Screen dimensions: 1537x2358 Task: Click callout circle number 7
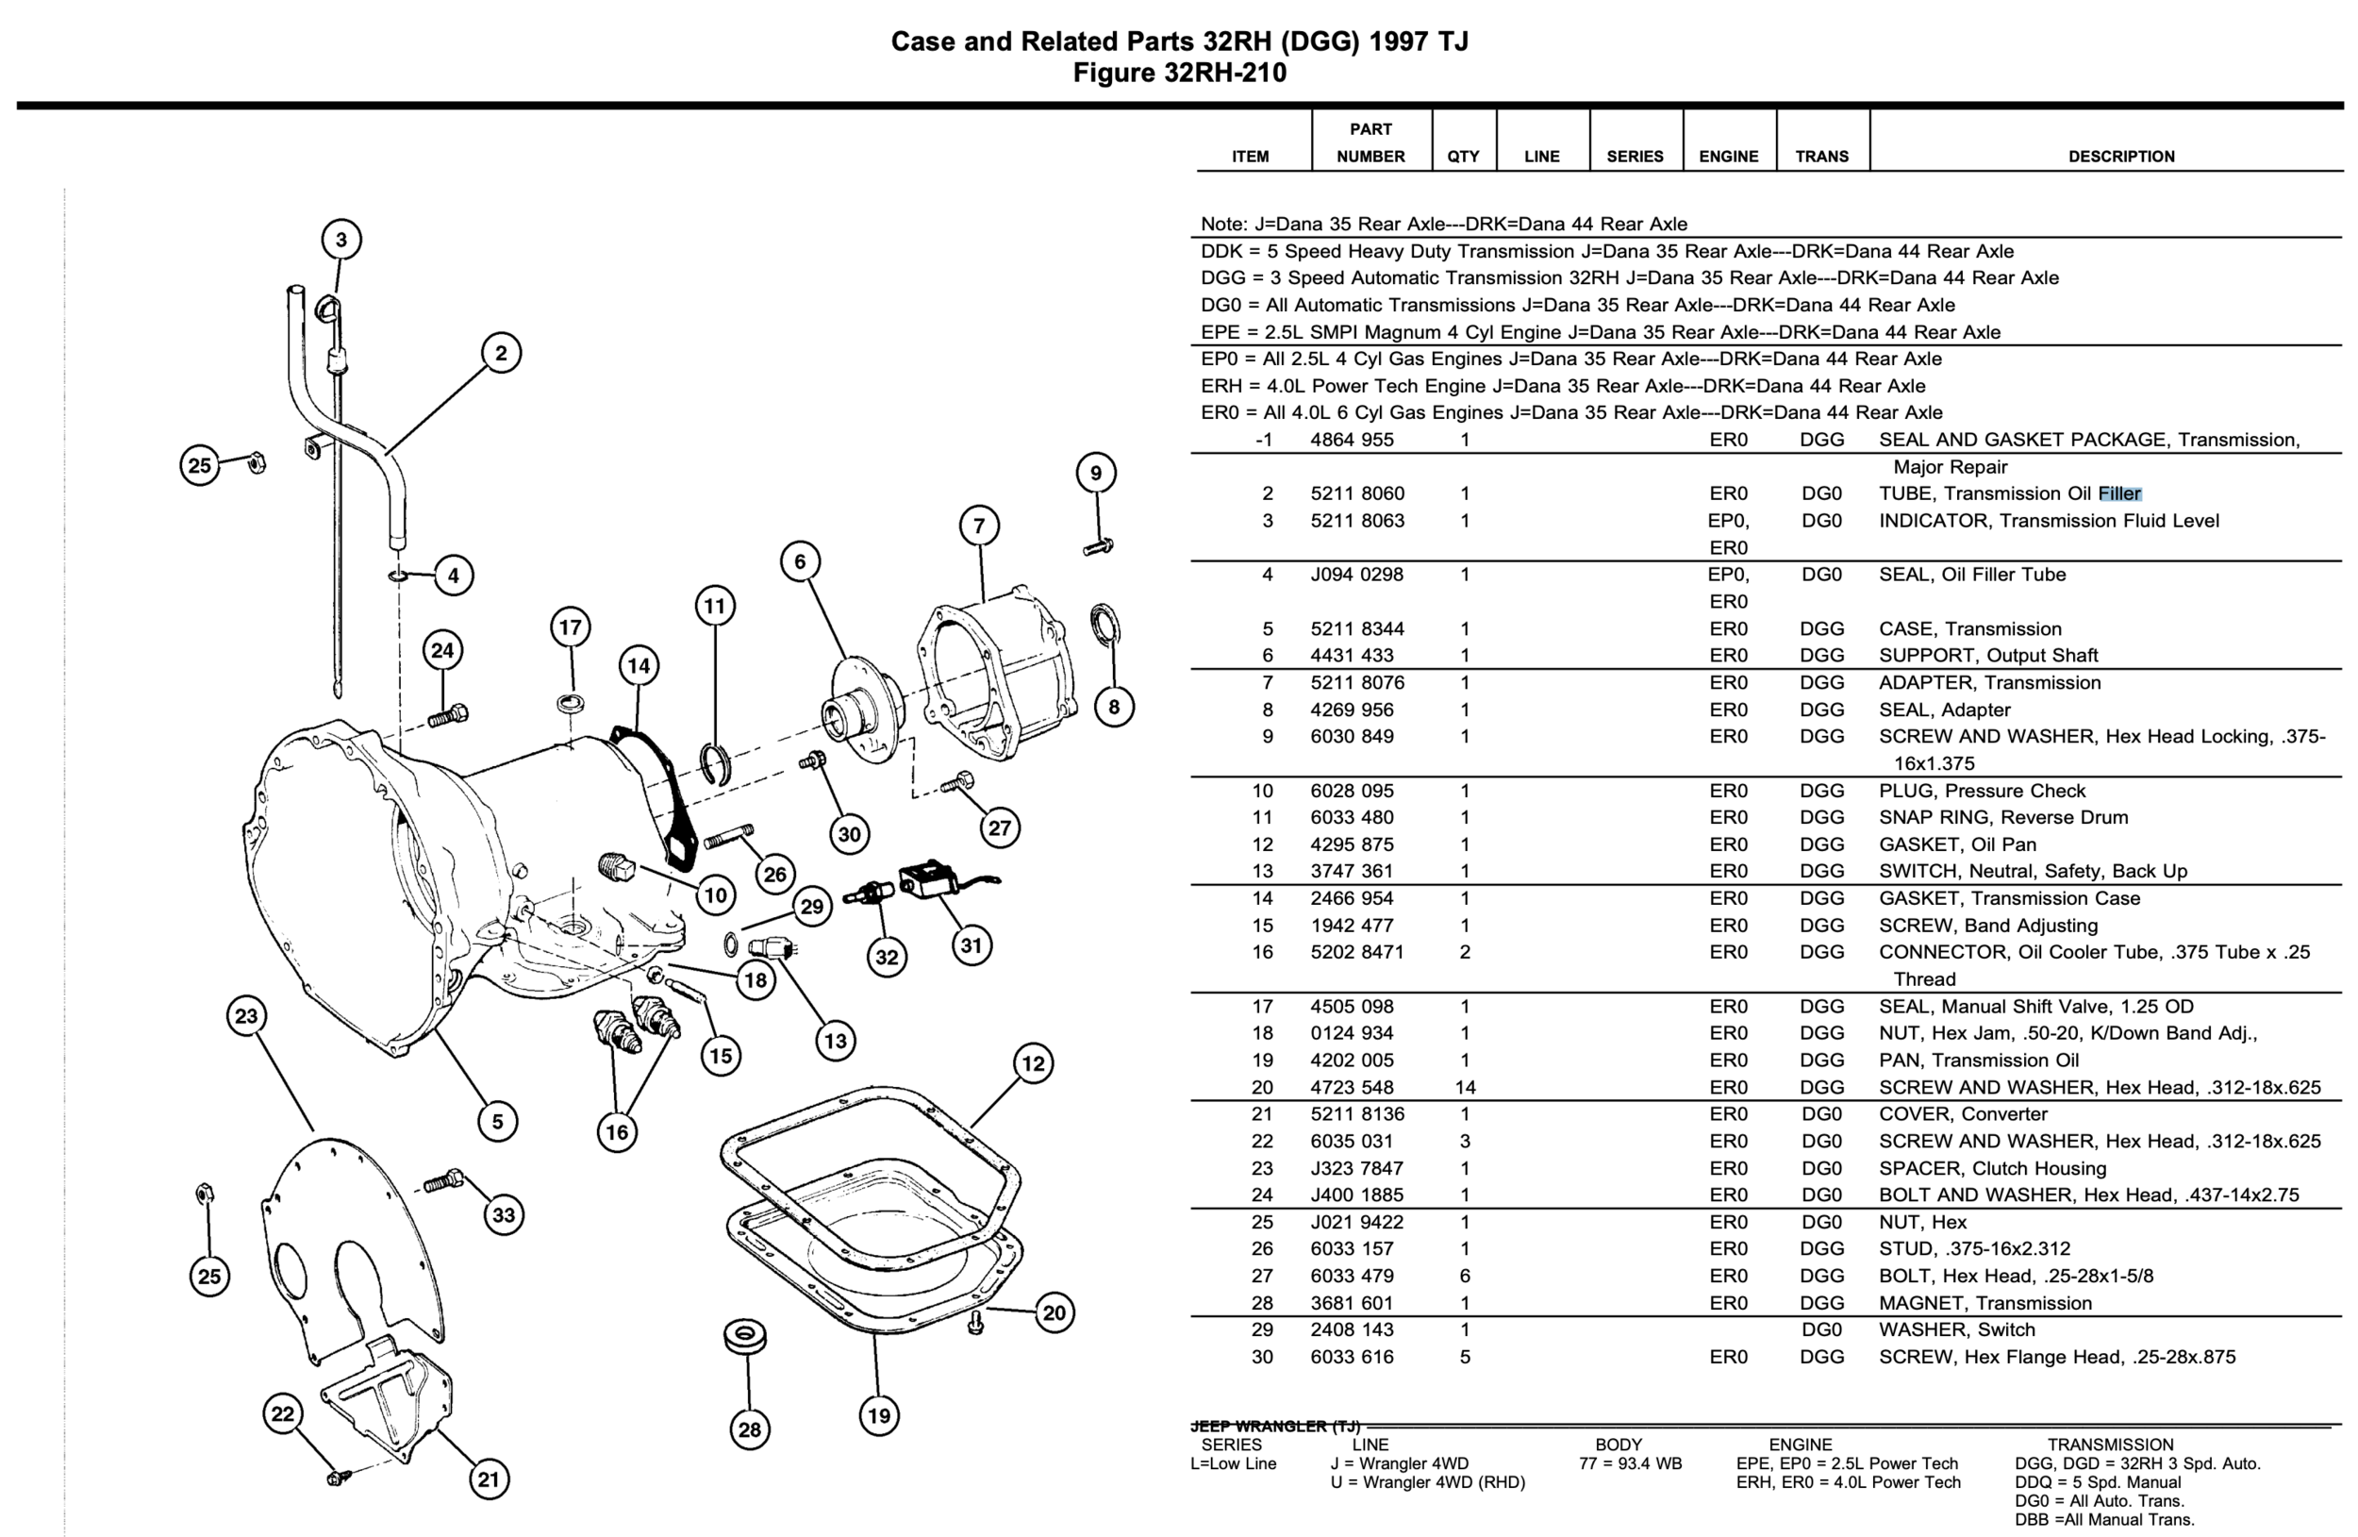pyautogui.click(x=979, y=526)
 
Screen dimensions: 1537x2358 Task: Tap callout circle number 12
pyautogui.click(x=1034, y=1063)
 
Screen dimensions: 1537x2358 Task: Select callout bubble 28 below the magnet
pyautogui.click(x=749, y=1429)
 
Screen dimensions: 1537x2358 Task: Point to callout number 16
pyautogui.click(x=616, y=1131)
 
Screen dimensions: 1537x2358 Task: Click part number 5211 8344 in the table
pyautogui.click(x=1356, y=628)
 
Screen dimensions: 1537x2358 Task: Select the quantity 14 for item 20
pyautogui.click(x=1465, y=1087)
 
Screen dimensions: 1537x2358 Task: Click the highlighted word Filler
pyautogui.click(x=2119, y=493)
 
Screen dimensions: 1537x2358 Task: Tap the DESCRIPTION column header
pyautogui.click(x=2120, y=156)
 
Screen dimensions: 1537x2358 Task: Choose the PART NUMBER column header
pyautogui.click(x=1370, y=142)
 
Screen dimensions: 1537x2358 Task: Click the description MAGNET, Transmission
pyautogui.click(x=1984, y=1303)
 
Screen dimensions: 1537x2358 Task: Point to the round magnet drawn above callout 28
pyautogui.click(x=745, y=1336)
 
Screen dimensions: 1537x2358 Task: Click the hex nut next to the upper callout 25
pyautogui.click(x=255, y=461)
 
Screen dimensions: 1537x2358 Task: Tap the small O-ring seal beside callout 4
pyautogui.click(x=397, y=575)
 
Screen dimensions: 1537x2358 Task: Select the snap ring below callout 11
pyautogui.click(x=715, y=763)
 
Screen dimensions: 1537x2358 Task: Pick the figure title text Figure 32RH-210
pyautogui.click(x=1179, y=73)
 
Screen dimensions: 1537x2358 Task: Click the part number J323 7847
pyautogui.click(x=1356, y=1168)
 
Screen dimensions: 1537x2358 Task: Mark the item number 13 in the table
pyautogui.click(x=1261, y=871)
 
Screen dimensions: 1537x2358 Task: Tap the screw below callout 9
pyautogui.click(x=1098, y=546)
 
